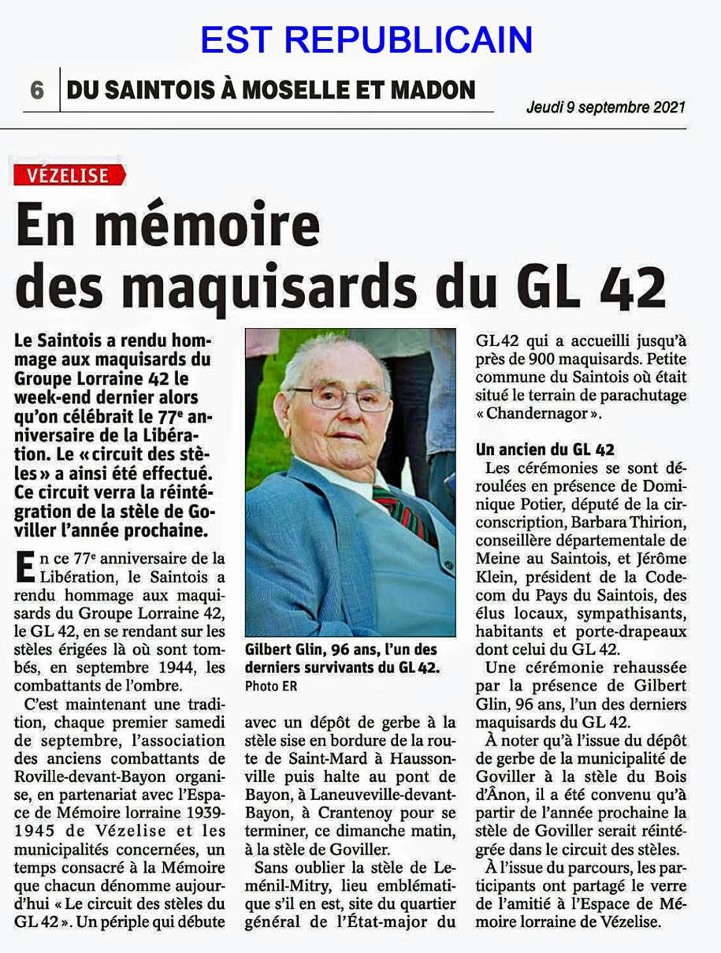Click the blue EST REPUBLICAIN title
pyautogui.click(x=366, y=39)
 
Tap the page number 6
pyautogui.click(x=37, y=90)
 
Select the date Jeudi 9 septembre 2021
pyautogui.click(x=606, y=106)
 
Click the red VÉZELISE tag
pyautogui.click(x=68, y=175)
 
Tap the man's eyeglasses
pyautogui.click(x=340, y=395)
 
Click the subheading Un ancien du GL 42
pyautogui.click(x=544, y=450)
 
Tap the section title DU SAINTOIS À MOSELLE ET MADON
pyautogui.click(x=271, y=90)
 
